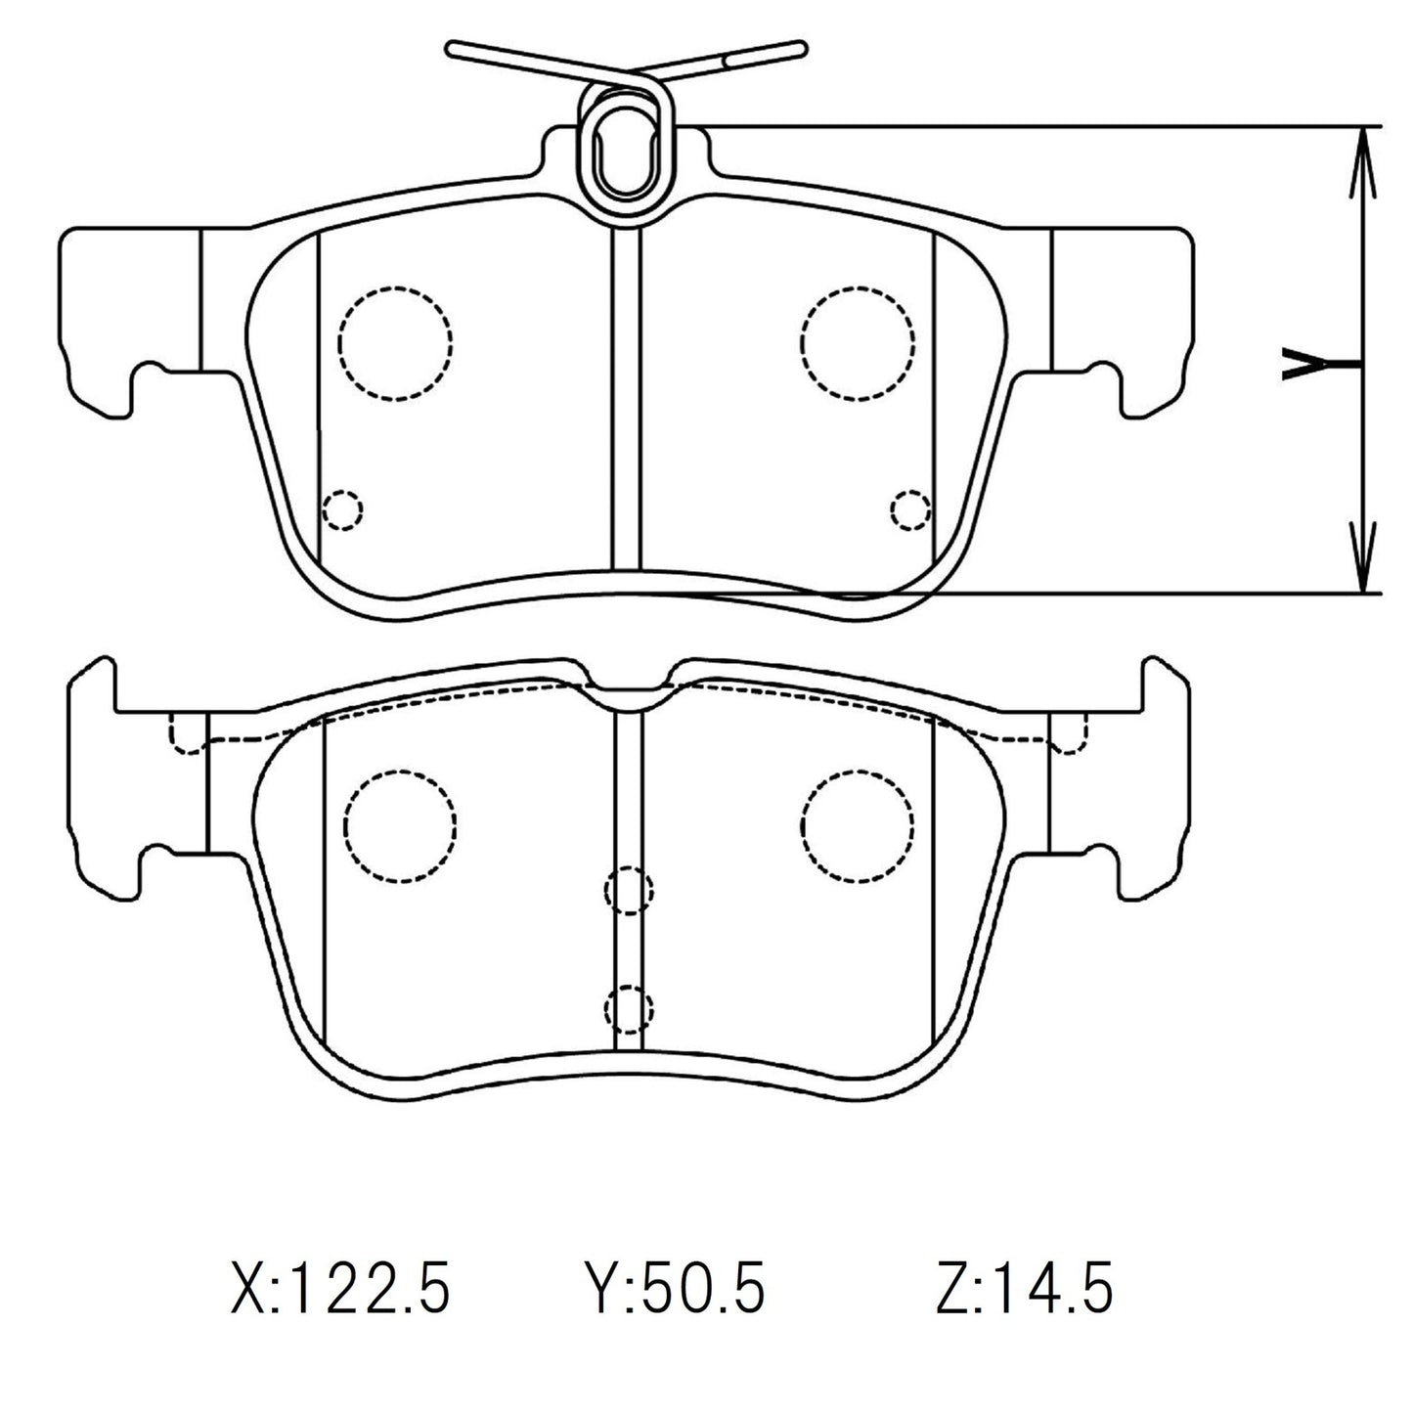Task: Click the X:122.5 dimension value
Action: pyautogui.click(x=340, y=1289)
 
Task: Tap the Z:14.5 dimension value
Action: pyautogui.click(x=1023, y=1289)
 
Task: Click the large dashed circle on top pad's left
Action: pyautogui.click(x=395, y=342)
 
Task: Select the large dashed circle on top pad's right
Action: pyautogui.click(x=857, y=342)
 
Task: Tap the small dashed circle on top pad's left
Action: pyautogui.click(x=341, y=509)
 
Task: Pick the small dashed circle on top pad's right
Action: pyautogui.click(x=911, y=508)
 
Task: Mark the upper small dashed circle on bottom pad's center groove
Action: pyautogui.click(x=628, y=890)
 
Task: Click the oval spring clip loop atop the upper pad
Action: pyautogui.click(x=624, y=147)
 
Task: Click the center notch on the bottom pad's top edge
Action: pyautogui.click(x=627, y=692)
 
